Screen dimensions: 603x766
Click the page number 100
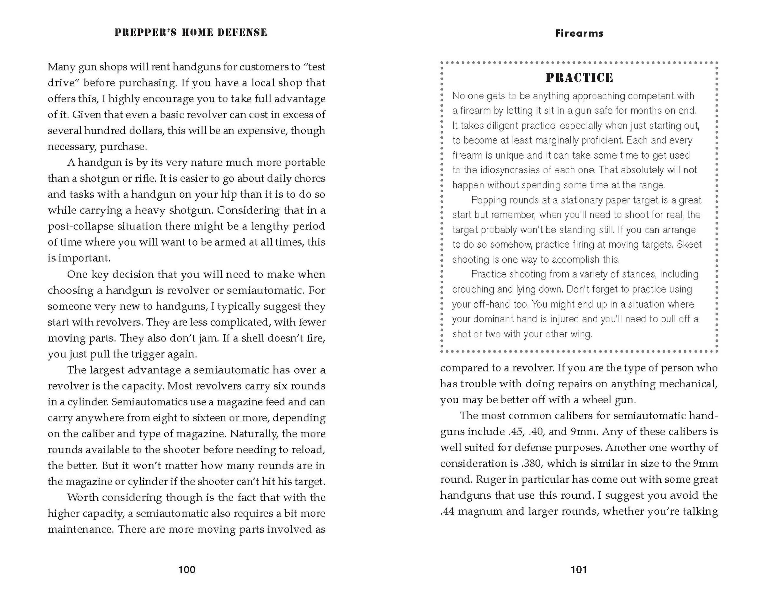(187, 569)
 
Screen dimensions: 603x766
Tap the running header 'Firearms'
(579, 33)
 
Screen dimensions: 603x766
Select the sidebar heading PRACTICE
(579, 78)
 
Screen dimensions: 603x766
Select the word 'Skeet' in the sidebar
(689, 244)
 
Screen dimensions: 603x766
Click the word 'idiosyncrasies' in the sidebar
(510, 170)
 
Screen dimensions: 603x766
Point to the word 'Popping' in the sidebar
(491, 200)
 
